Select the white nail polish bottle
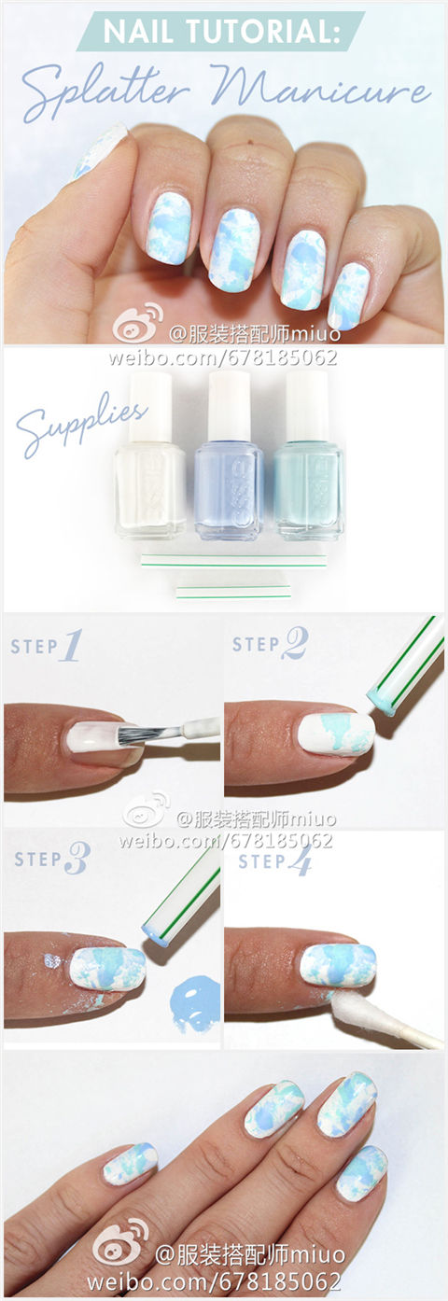(150, 455)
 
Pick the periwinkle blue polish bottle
(229, 455)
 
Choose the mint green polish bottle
(308, 455)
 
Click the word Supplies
(80, 424)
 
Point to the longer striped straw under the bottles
(233, 561)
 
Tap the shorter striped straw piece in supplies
(232, 592)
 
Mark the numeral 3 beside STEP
(77, 859)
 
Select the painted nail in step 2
(336, 734)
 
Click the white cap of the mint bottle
(307, 402)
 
